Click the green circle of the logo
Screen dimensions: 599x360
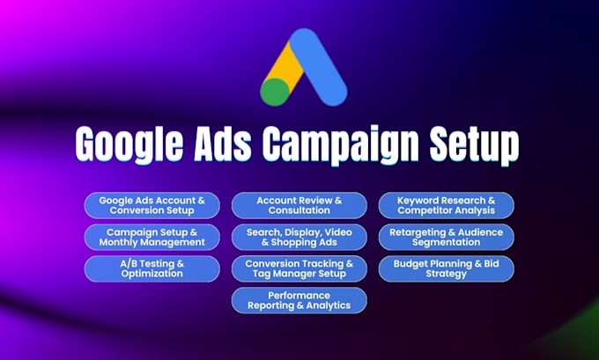click(x=275, y=92)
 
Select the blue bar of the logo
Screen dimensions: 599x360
click(x=318, y=67)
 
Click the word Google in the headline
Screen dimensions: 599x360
click(x=129, y=144)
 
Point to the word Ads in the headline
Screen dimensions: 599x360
click(x=223, y=143)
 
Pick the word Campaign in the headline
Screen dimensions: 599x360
click(x=340, y=145)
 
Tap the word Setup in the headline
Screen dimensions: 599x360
click(x=474, y=144)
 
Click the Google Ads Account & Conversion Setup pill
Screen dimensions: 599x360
click(x=152, y=205)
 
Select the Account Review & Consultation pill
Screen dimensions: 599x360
click(x=299, y=205)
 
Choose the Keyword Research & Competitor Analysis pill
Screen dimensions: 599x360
click(x=447, y=205)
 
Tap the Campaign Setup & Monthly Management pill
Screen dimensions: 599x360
click(x=152, y=237)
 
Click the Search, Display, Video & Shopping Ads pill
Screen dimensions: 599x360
click(x=299, y=237)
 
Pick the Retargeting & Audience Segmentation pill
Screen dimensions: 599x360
click(x=447, y=237)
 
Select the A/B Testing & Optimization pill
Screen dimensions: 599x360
click(x=152, y=268)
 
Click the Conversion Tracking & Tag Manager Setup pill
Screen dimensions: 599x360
click(x=299, y=268)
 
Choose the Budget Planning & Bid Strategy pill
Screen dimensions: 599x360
click(x=447, y=268)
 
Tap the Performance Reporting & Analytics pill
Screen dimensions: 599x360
click(x=299, y=300)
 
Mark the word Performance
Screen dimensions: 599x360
click(x=299, y=296)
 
